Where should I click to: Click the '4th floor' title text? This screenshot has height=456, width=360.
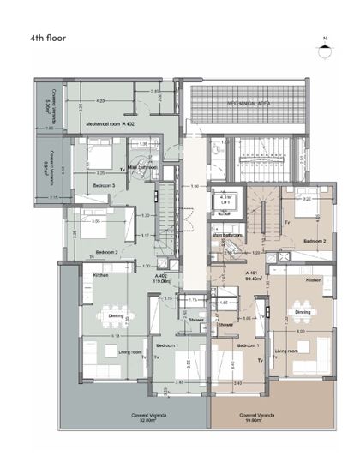tap(48, 39)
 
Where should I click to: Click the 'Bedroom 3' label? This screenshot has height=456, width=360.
tap(105, 186)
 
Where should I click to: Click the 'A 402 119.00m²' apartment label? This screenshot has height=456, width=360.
tap(160, 277)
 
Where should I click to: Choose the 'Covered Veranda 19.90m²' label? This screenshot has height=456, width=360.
tap(254, 417)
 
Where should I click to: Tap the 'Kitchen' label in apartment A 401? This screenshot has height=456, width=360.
tap(314, 280)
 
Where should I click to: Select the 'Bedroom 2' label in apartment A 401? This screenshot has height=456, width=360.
tap(315, 242)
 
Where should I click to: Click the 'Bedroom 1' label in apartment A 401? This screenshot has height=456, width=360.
tap(248, 345)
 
